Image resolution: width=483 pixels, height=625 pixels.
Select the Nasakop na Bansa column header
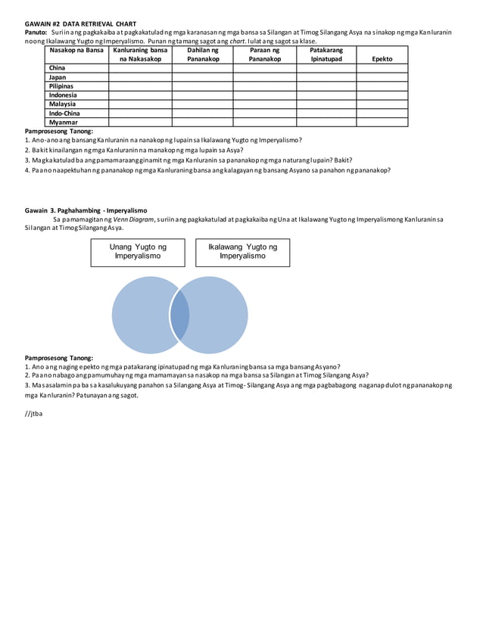(x=76, y=50)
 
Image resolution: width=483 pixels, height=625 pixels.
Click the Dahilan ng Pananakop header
(x=202, y=54)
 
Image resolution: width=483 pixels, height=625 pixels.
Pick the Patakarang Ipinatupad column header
(x=326, y=54)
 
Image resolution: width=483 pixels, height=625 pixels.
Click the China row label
(x=57, y=68)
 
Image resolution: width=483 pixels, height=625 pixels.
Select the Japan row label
(x=58, y=77)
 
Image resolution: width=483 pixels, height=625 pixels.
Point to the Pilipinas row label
(x=61, y=86)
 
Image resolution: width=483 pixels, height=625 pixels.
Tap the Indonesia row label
(x=63, y=95)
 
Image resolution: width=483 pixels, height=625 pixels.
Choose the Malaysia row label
(x=62, y=104)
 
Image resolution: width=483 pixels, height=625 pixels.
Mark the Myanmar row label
(x=63, y=122)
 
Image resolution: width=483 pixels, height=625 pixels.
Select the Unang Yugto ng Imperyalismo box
(x=138, y=252)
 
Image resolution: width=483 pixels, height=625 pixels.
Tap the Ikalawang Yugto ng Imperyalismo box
(x=242, y=252)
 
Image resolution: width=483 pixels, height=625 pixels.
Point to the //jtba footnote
(x=34, y=414)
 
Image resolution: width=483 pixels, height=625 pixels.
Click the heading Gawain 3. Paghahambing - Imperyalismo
(x=86, y=210)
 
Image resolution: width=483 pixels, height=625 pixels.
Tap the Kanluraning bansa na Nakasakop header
(x=140, y=54)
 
